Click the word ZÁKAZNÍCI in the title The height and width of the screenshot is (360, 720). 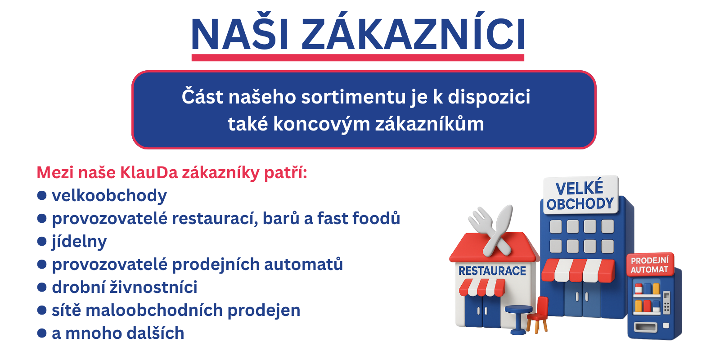[x=413, y=34]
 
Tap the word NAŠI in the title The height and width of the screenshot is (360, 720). [x=240, y=34]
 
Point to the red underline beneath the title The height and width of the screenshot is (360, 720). [x=358, y=58]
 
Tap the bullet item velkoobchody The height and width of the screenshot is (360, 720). [x=109, y=196]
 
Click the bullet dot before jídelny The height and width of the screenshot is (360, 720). [x=42, y=242]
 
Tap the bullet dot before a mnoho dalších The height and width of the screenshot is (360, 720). [x=42, y=333]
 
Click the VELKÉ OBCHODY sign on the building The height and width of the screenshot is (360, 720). [x=580, y=196]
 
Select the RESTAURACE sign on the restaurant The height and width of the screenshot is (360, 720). [x=492, y=271]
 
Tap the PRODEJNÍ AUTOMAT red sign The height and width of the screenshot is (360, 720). [x=649, y=265]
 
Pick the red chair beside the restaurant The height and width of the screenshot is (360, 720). [x=538, y=315]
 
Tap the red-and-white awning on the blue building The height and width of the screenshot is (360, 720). [x=578, y=270]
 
